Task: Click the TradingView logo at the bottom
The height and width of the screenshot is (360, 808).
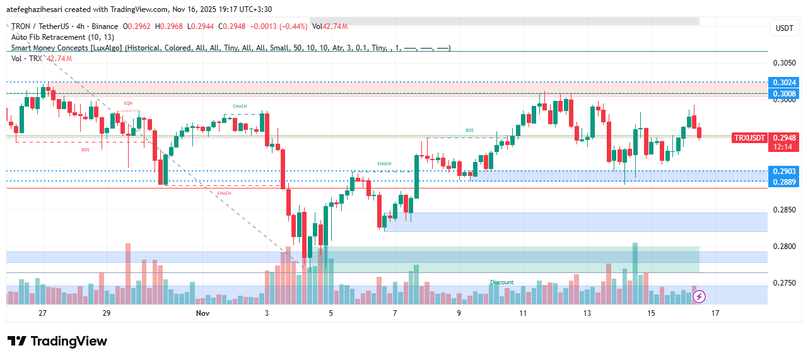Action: tap(57, 341)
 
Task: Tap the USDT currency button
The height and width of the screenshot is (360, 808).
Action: tap(784, 28)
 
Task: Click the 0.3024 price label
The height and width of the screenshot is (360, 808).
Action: tap(784, 83)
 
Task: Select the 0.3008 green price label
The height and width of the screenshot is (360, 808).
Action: tap(784, 93)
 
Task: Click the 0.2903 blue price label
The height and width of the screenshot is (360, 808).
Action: tap(784, 171)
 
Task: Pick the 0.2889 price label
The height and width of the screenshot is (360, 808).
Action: tap(784, 182)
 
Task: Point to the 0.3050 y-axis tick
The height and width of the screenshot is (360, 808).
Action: tap(784, 63)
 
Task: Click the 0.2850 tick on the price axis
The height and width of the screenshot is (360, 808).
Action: tap(784, 210)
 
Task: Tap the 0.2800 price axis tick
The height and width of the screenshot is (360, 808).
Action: tap(784, 247)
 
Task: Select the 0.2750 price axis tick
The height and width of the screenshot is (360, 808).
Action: tap(784, 284)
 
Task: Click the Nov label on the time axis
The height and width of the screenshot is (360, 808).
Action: tap(202, 313)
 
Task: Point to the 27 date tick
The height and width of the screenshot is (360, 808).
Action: tap(42, 313)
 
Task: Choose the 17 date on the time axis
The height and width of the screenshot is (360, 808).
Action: tap(715, 313)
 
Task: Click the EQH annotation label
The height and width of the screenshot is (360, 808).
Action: tap(128, 103)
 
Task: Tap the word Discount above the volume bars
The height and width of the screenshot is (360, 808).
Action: tap(502, 282)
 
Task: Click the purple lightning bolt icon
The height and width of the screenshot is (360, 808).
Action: tap(700, 296)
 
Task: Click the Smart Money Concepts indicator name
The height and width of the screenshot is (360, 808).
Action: tap(67, 48)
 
